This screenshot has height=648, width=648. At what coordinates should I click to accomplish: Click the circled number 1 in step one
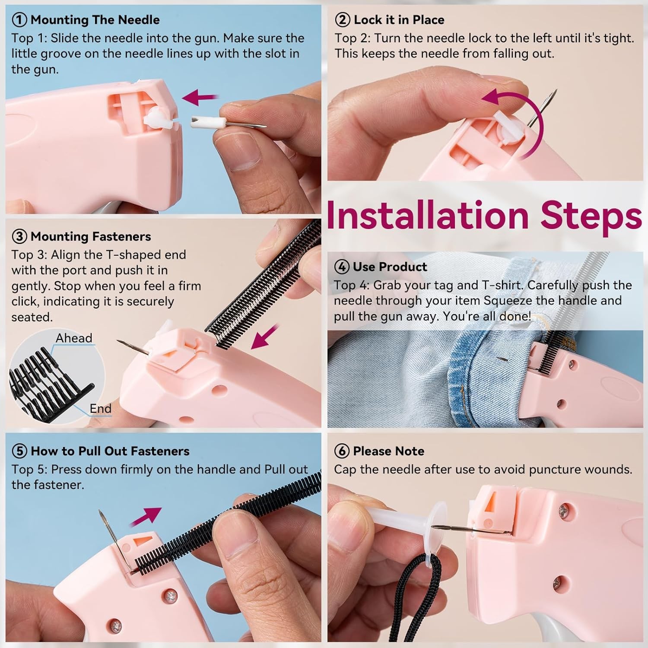(x=19, y=20)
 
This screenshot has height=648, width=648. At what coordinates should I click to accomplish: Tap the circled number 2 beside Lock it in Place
(x=343, y=20)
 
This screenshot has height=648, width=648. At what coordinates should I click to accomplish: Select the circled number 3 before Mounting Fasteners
(x=19, y=237)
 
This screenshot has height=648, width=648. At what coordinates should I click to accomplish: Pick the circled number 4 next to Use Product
(x=342, y=267)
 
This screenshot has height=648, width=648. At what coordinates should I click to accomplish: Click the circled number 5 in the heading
(x=19, y=451)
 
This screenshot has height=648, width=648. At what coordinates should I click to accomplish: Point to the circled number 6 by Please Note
(x=342, y=451)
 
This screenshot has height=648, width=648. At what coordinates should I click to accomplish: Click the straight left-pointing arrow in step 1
(x=200, y=97)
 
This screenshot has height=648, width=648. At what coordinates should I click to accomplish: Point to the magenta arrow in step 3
(x=265, y=337)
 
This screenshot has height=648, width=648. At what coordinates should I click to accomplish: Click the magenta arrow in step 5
(x=146, y=517)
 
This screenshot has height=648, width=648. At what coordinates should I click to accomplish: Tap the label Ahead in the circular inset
(x=74, y=338)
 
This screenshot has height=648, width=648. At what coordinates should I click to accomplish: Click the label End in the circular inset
(x=100, y=408)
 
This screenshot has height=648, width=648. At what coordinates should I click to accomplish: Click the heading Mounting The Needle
(x=95, y=20)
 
